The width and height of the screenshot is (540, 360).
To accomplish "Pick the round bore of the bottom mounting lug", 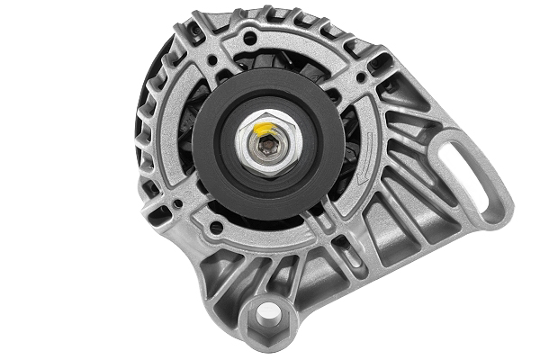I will (x=267, y=314).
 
